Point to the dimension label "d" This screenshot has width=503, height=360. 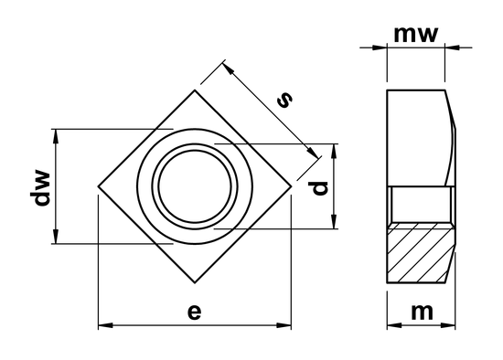(318, 187)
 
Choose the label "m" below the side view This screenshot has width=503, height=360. (422, 311)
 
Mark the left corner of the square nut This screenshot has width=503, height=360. (98, 190)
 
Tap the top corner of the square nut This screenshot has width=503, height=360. (194, 90)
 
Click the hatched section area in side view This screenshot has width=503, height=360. (422, 254)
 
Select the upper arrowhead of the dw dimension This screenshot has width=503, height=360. (58, 134)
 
